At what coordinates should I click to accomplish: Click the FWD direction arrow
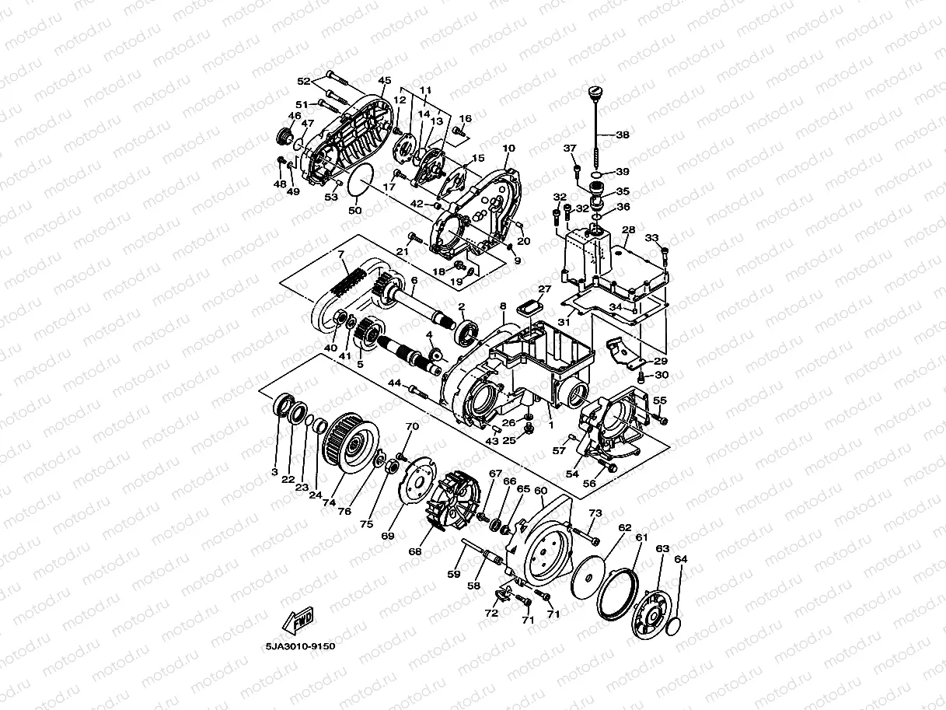coord(298,620)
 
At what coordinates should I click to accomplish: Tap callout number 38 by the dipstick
coord(623,135)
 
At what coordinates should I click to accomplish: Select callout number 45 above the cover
coord(385,81)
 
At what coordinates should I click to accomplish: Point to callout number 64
coord(680,559)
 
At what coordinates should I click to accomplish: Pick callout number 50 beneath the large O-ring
coord(355,211)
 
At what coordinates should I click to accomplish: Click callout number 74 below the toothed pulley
coord(329,502)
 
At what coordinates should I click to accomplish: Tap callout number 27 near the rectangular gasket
coord(545,289)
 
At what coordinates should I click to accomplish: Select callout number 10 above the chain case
coord(508,149)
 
